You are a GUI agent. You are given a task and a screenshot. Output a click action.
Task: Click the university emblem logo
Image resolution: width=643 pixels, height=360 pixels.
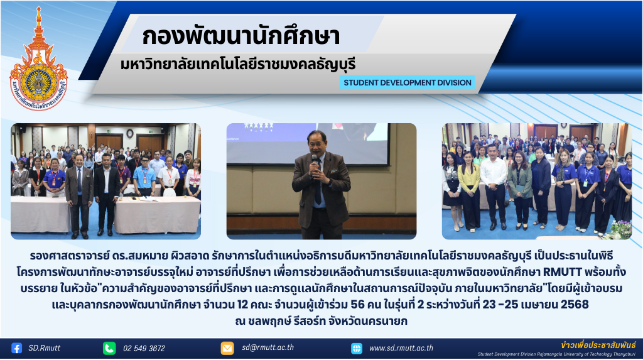pos(38,60)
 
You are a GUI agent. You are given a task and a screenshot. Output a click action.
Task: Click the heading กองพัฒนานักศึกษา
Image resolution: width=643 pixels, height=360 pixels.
pos(240,36)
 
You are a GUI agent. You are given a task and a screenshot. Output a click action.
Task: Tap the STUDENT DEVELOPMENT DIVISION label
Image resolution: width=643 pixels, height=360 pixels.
pos(407,82)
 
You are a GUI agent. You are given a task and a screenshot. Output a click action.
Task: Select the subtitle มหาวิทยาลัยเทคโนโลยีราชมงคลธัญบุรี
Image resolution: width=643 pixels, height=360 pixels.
pos(238,65)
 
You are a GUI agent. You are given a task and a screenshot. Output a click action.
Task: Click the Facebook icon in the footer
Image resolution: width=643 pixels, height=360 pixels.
pos(17,348)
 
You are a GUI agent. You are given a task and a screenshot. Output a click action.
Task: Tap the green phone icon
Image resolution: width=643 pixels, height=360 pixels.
pos(109,348)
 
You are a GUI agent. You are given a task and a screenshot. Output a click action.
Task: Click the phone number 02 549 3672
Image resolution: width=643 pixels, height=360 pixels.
pos(144,349)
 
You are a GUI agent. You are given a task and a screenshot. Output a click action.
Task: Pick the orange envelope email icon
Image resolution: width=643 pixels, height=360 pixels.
pos(227,348)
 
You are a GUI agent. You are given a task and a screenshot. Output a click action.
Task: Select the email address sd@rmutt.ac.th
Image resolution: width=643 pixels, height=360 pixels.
pos(267,347)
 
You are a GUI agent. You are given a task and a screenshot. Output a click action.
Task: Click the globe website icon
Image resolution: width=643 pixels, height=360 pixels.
pos(357,349)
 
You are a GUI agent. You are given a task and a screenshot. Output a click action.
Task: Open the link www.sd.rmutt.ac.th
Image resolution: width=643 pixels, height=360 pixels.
pos(401,348)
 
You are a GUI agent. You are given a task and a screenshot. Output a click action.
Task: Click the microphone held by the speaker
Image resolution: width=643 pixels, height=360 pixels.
pos(315,163)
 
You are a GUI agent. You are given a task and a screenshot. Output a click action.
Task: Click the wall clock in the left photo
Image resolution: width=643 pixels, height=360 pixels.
pos(130,133)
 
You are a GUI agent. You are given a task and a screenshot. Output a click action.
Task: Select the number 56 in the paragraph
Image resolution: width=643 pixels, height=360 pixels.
pos(357,305)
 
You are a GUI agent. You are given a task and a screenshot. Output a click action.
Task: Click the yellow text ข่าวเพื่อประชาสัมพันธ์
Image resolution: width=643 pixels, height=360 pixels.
pos(598,345)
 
